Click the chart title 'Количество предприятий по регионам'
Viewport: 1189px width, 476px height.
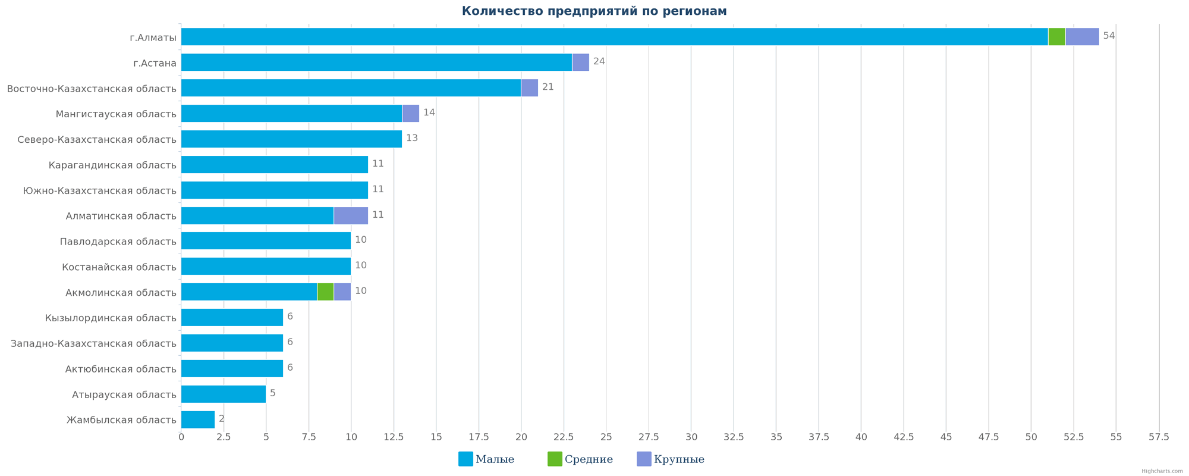click(x=594, y=11)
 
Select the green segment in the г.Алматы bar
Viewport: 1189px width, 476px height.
click(x=1056, y=37)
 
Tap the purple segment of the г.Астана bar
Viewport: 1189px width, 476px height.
click(x=580, y=62)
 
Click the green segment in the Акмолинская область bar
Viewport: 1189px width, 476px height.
click(x=325, y=292)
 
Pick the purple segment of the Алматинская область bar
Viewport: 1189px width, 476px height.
click(x=351, y=215)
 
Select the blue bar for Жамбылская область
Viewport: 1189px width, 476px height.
click(x=198, y=419)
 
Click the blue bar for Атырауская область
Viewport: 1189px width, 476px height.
click(x=224, y=394)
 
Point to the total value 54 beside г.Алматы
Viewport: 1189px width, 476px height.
click(x=1109, y=36)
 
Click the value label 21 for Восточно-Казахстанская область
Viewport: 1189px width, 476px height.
click(x=548, y=87)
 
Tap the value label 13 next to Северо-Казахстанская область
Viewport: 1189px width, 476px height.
click(x=411, y=138)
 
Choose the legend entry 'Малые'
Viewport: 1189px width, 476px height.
click(x=487, y=459)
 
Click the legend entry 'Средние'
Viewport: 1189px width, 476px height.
click(x=580, y=459)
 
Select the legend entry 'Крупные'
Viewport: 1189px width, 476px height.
click(x=671, y=459)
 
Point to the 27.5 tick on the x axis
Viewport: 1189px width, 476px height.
click(x=649, y=437)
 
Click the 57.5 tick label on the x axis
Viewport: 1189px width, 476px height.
click(x=1159, y=437)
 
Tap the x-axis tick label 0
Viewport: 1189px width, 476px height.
click(x=181, y=437)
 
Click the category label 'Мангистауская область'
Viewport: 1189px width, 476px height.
click(x=116, y=114)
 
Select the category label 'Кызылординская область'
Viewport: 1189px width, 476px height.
click(x=111, y=318)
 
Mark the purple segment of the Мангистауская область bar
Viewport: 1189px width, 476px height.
click(x=411, y=114)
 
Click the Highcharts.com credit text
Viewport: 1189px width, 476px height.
click(x=1162, y=471)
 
